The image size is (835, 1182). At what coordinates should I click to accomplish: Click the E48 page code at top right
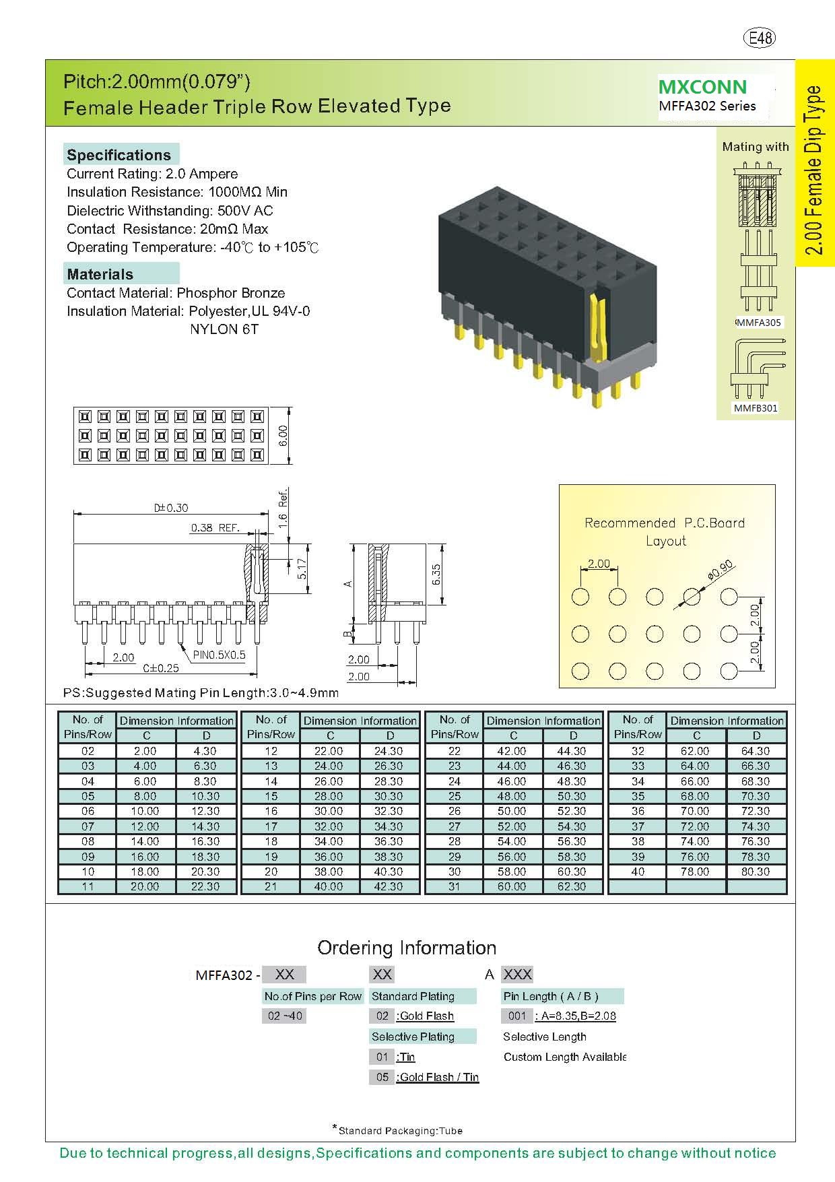[759, 38]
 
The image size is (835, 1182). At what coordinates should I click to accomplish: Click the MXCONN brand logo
[702, 87]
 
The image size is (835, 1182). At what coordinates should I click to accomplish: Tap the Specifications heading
[119, 155]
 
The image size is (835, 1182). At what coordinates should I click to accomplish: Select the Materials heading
[100, 274]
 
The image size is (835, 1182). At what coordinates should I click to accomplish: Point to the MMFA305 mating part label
[759, 323]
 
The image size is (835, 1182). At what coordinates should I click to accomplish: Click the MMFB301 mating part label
[756, 408]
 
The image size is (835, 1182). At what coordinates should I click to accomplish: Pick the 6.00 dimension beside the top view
[283, 436]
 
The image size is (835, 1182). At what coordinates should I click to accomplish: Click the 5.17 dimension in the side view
[302, 568]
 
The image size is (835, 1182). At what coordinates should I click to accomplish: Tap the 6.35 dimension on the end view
[436, 574]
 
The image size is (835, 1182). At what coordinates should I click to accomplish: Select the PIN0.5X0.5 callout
[220, 655]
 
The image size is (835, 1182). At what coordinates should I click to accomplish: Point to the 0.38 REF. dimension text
[215, 528]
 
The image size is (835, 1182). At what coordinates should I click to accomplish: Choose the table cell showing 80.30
[756, 872]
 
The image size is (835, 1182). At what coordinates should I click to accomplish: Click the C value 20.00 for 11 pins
[145, 886]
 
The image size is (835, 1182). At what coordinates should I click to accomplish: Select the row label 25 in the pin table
[455, 796]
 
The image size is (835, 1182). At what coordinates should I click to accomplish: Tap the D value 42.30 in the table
[389, 886]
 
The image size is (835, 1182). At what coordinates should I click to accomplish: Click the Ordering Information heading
[407, 948]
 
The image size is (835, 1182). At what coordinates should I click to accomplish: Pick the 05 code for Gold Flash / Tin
[382, 1077]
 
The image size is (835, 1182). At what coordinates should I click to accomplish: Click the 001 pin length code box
[517, 1016]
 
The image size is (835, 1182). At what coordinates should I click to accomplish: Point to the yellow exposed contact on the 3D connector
[597, 323]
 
